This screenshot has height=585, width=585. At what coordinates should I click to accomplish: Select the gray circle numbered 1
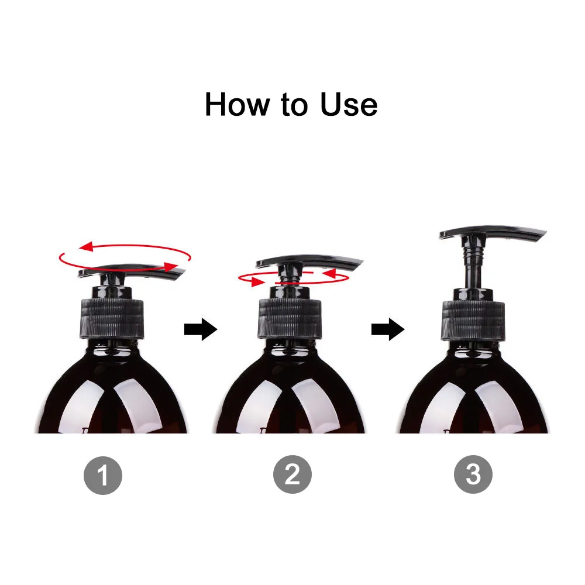103,475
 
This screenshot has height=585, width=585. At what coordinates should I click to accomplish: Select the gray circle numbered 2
292,475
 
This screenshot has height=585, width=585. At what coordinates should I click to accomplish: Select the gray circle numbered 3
473,475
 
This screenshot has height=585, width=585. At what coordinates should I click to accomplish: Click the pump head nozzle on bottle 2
310,261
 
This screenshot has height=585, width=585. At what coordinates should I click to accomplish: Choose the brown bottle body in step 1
111,398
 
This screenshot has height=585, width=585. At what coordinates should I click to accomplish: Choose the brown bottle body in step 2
290,398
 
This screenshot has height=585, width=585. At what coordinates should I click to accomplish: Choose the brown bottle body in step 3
474,398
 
